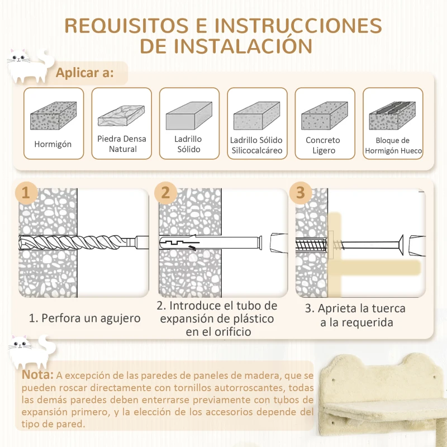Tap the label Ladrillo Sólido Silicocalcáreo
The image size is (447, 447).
point(256,145)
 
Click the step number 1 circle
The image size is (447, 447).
point(25,193)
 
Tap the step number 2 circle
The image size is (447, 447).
point(165,193)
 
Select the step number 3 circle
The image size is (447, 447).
point(301,193)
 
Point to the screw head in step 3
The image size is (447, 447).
point(401,244)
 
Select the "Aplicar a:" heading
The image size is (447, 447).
point(85,73)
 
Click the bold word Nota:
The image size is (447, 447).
point(39,374)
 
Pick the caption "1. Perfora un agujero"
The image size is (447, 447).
point(84,318)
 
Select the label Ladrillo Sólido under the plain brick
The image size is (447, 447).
point(189,144)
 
